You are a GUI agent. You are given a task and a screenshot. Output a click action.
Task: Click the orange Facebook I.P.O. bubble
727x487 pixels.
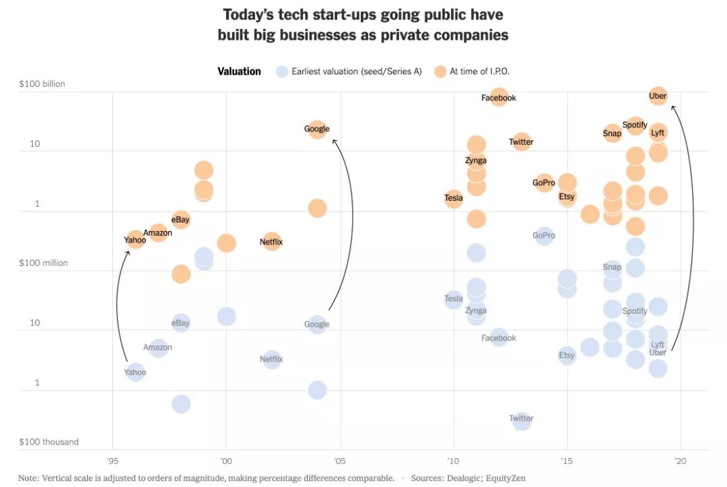point(499,97)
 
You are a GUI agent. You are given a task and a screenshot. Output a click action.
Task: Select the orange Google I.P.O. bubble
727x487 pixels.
point(317,129)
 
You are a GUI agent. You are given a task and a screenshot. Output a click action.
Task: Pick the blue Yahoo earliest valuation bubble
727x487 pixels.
point(135,371)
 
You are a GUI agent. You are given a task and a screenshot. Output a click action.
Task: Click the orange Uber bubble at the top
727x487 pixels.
point(658,96)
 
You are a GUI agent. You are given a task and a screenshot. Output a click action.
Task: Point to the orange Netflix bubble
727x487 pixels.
point(271,241)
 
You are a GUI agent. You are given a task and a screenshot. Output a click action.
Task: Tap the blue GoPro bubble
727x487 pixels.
point(544,236)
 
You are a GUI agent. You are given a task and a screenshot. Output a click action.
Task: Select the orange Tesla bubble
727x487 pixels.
point(454,198)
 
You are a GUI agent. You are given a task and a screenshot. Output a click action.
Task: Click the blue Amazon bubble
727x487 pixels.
point(158,348)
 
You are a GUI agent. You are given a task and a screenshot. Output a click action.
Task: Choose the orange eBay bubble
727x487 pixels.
point(180,220)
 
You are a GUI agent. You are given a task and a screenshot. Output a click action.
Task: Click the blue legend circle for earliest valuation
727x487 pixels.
point(283,71)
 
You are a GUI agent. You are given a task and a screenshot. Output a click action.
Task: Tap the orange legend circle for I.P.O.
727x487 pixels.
point(440,71)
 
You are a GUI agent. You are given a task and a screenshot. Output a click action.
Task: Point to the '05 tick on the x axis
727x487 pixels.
point(341,461)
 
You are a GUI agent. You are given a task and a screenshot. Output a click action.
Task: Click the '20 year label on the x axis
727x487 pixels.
point(681,461)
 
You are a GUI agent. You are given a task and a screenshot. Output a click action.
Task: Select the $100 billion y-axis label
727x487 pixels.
point(42,84)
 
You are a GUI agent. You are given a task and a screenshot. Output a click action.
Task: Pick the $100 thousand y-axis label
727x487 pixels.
point(48,442)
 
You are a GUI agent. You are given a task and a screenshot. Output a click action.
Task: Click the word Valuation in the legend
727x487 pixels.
point(239,71)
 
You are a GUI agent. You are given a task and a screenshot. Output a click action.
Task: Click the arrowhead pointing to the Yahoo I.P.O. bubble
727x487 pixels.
point(128,252)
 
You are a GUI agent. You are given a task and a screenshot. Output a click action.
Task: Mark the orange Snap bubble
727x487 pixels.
point(612,133)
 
